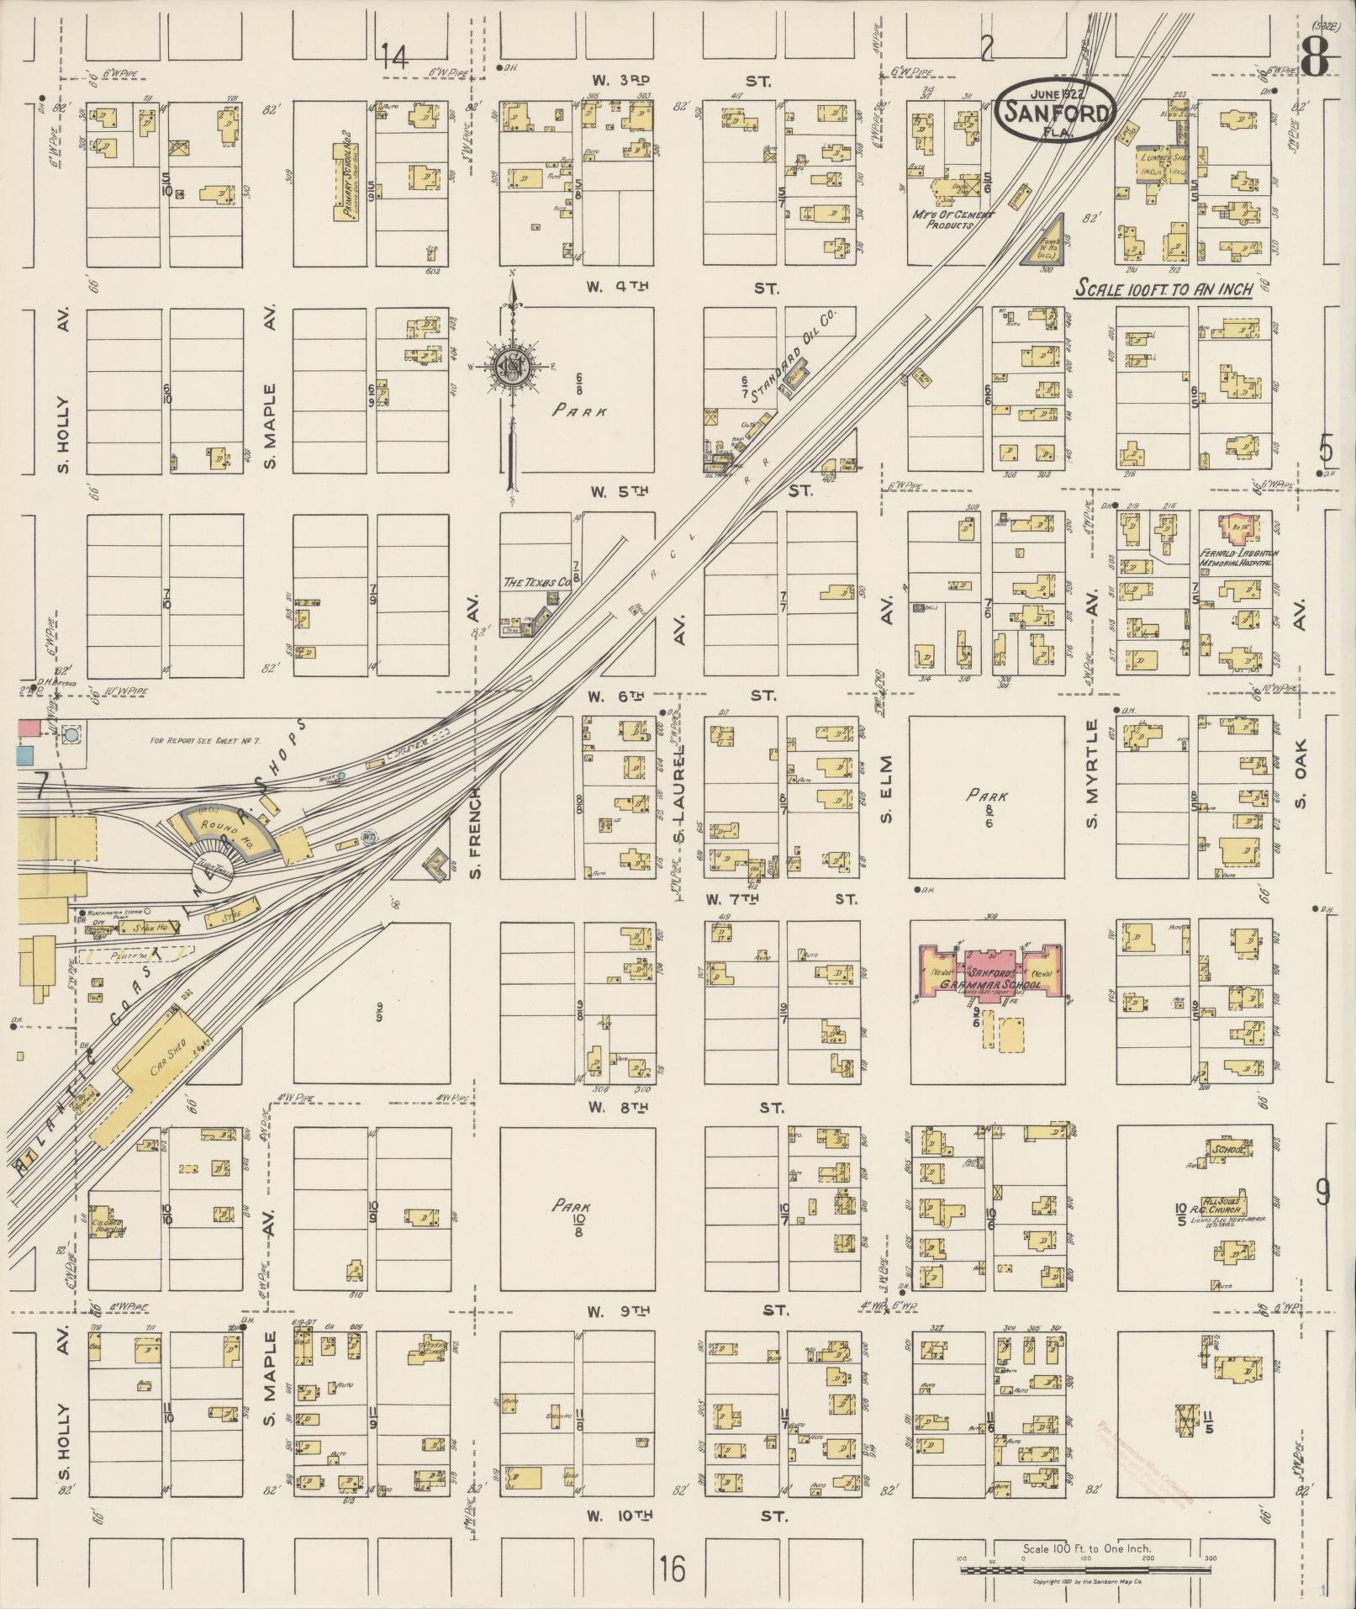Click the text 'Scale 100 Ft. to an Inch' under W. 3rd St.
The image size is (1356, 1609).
point(1164,289)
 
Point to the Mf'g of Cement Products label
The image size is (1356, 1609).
point(953,220)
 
